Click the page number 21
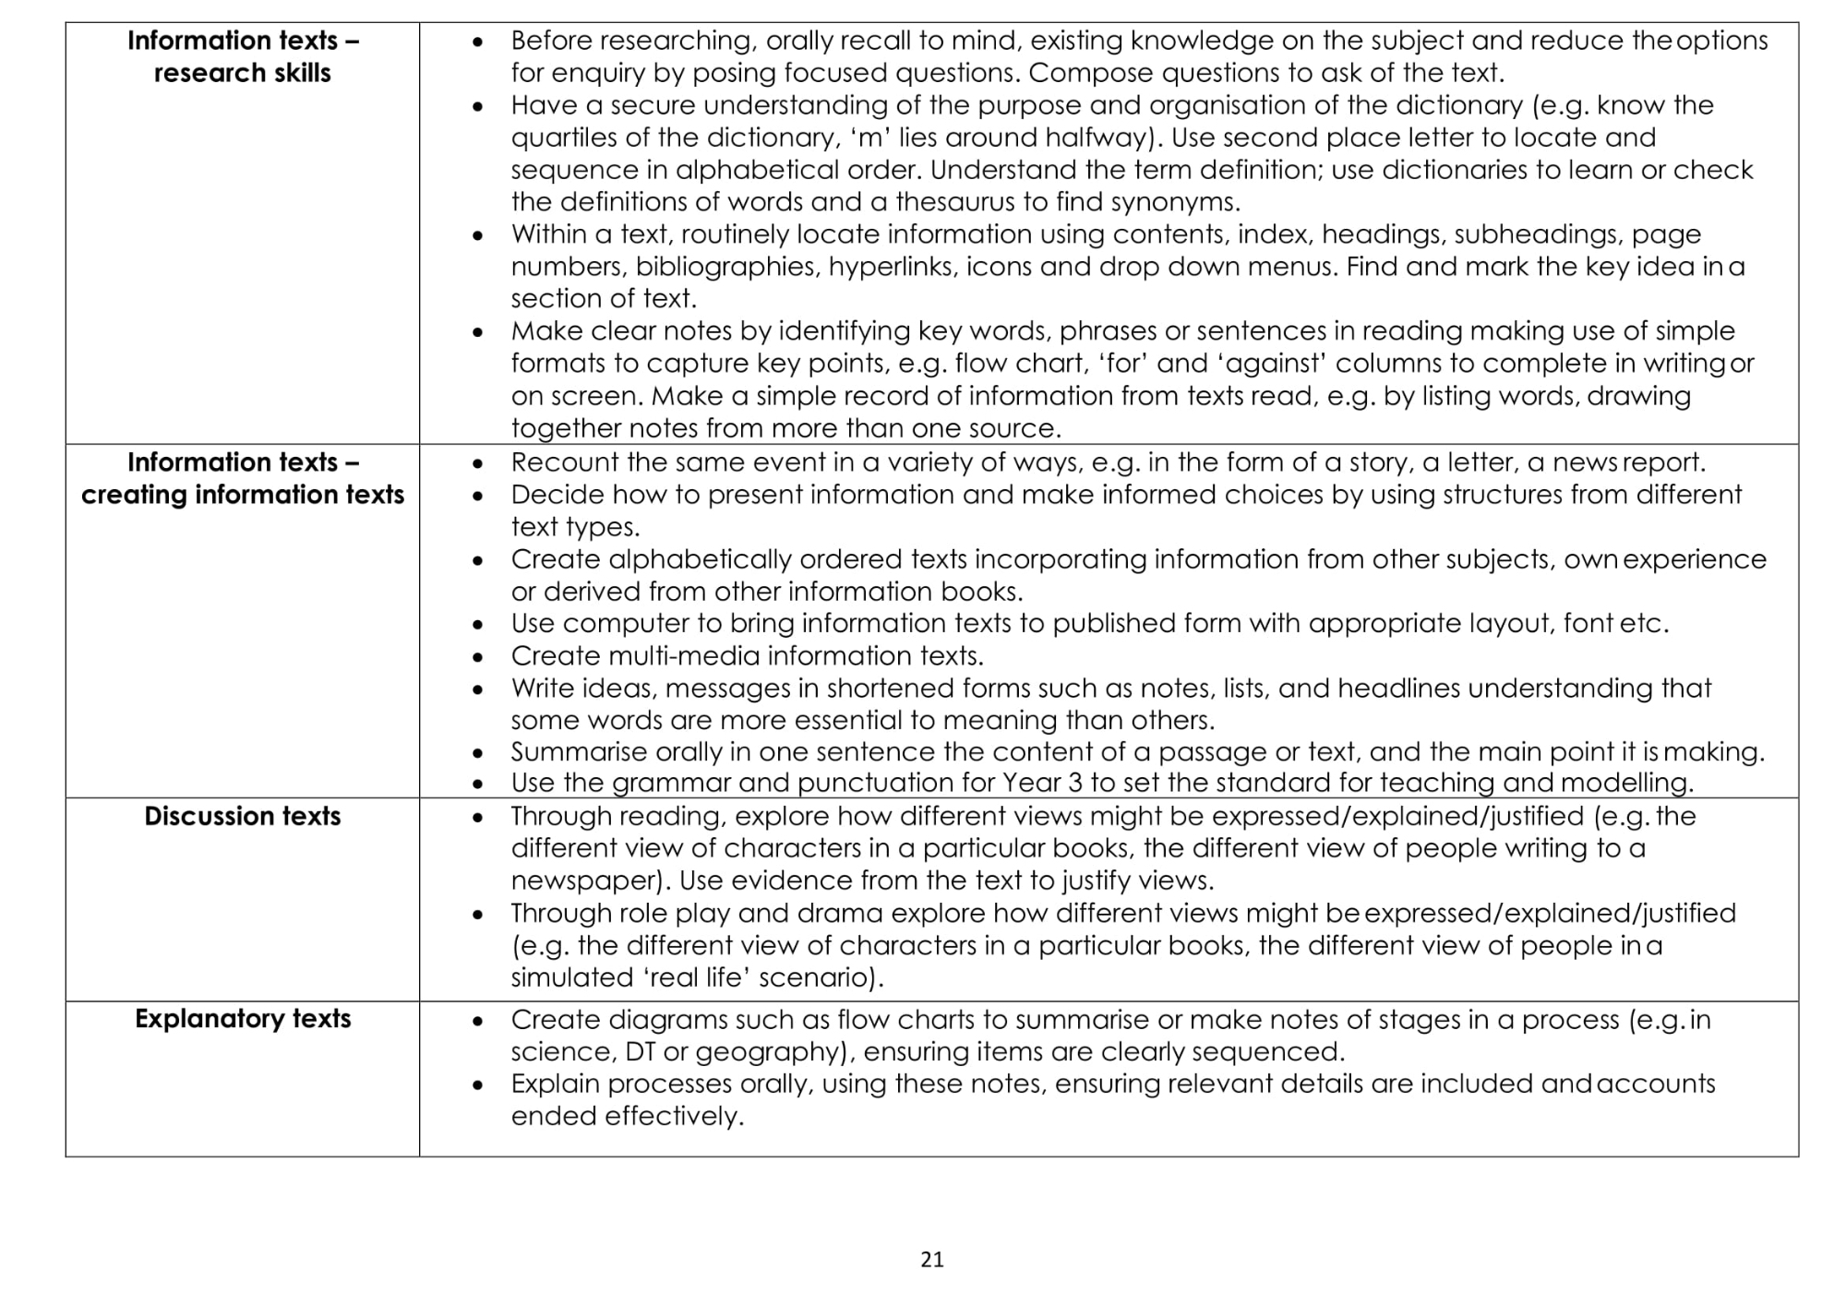932,1260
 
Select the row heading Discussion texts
243,817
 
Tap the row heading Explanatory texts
243,1019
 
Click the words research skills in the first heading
243,73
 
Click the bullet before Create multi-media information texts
477,657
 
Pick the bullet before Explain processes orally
477,1084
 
